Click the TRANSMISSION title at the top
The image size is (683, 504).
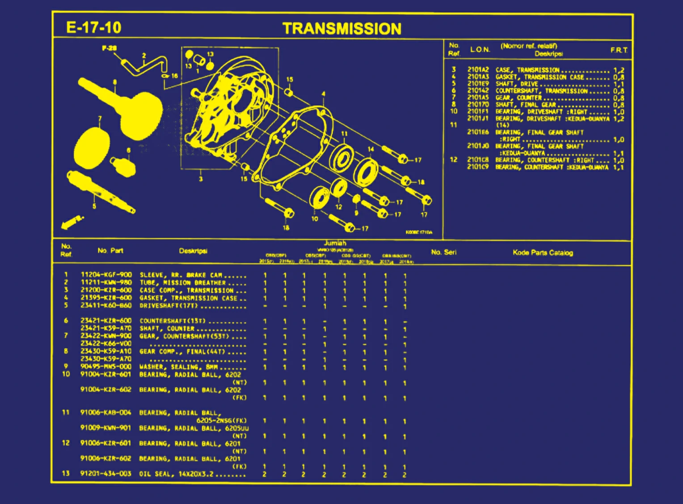342,29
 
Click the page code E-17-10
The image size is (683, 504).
93,28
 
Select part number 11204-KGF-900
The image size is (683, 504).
106,275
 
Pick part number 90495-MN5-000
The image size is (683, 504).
106,366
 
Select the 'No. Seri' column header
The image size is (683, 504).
443,252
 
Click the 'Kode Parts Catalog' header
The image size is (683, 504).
543,253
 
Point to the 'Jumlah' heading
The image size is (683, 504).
335,243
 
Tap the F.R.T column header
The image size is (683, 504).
619,50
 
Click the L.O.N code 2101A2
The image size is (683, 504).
478,70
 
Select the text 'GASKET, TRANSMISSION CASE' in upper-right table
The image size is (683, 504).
540,77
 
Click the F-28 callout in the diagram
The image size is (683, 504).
109,48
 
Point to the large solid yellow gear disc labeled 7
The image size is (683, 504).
92,146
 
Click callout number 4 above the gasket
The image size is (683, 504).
323,94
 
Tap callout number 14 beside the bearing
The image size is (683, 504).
371,149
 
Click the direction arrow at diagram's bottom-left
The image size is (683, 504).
72,222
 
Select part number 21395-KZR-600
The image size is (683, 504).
106,297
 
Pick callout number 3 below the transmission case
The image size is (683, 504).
201,179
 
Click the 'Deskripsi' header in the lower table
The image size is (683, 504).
193,251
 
